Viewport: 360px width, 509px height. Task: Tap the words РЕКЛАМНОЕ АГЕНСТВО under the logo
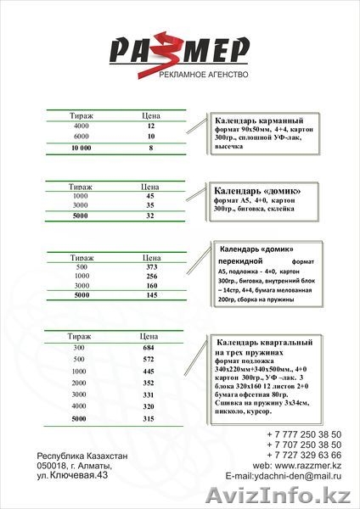point(203,76)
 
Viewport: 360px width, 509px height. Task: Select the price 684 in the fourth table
point(149,348)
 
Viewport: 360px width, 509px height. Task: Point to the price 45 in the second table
point(149,194)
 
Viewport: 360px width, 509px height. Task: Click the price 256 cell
point(152,277)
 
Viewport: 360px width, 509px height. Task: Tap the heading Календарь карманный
point(259,120)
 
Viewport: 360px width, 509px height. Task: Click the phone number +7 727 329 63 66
point(303,456)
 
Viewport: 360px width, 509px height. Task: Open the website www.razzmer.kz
point(309,467)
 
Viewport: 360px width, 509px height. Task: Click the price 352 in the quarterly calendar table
point(149,383)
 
